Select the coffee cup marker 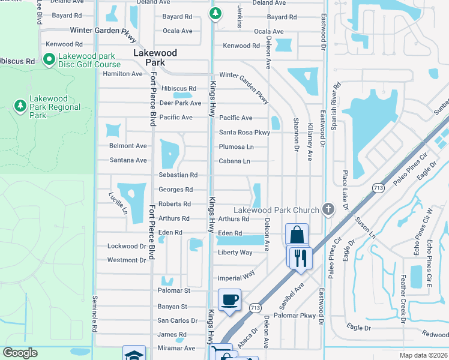point(229,299)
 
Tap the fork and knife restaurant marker point(300,257)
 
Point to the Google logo point(20,353)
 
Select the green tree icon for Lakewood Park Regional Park point(20,106)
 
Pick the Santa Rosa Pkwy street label point(244,133)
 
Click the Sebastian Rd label point(178,175)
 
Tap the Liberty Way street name point(235,253)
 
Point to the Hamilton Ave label point(122,74)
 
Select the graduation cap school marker point(134,354)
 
